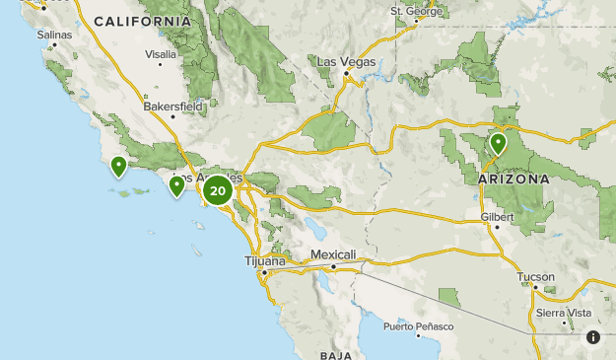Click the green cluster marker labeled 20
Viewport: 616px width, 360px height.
coord(218,190)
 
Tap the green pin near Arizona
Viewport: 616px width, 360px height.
coord(499,144)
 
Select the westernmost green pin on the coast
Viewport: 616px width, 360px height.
coord(118,166)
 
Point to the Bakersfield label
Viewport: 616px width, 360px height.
coord(170,104)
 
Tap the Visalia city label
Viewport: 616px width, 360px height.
coord(160,54)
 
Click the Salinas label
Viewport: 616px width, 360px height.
coord(54,35)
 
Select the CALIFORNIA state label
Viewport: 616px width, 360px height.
coord(143,21)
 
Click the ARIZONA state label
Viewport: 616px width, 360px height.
coord(513,180)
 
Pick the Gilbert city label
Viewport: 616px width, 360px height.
coord(498,216)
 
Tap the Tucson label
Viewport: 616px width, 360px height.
coord(535,277)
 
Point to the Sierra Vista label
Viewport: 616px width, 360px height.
coord(564,313)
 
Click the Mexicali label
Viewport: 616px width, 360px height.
coord(332,254)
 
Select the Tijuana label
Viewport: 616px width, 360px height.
coord(265,261)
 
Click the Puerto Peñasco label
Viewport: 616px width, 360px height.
coord(419,326)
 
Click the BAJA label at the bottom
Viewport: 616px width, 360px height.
coord(336,354)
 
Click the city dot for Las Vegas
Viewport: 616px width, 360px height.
coord(347,72)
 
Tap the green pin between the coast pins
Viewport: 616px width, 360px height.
coord(177,184)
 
